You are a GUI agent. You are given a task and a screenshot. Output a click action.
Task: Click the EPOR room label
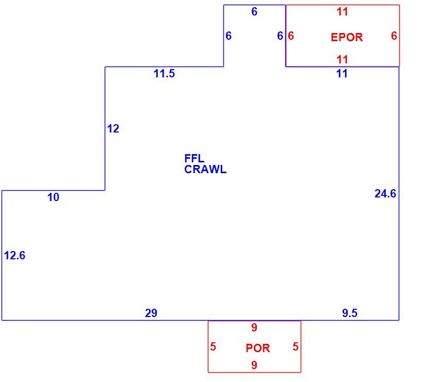click(x=347, y=37)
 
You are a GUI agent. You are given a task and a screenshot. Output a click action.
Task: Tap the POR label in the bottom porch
click(x=257, y=348)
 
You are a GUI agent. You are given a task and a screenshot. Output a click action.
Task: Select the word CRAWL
click(x=205, y=170)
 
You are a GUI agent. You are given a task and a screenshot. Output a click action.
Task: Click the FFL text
click(x=194, y=158)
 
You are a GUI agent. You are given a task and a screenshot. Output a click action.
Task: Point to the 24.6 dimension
click(x=385, y=193)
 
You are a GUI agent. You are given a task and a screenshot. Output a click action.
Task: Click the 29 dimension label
click(x=151, y=313)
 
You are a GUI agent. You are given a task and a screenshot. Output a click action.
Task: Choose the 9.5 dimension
click(x=350, y=313)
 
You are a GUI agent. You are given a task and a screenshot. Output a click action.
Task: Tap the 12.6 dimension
click(x=14, y=256)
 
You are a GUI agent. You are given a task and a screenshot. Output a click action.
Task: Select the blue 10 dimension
click(x=53, y=197)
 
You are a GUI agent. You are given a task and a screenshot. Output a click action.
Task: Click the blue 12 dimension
click(x=113, y=129)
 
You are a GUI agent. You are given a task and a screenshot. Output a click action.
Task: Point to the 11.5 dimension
click(x=164, y=74)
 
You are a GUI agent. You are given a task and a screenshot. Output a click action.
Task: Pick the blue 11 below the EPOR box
click(x=342, y=74)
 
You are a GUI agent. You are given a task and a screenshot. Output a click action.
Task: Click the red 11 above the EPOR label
click(x=343, y=12)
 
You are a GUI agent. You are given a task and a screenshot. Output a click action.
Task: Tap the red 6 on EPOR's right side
click(x=394, y=36)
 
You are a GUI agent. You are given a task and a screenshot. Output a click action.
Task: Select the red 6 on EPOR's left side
click(x=291, y=36)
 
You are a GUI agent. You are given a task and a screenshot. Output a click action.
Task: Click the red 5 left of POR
click(x=213, y=346)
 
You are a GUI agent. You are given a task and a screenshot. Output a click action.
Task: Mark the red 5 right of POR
click(x=296, y=346)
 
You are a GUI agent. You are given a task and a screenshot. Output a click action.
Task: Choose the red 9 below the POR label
click(x=254, y=365)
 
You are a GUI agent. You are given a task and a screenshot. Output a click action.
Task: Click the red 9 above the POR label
click(x=254, y=327)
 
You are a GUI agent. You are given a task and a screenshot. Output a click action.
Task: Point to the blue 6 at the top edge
click(x=254, y=11)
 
